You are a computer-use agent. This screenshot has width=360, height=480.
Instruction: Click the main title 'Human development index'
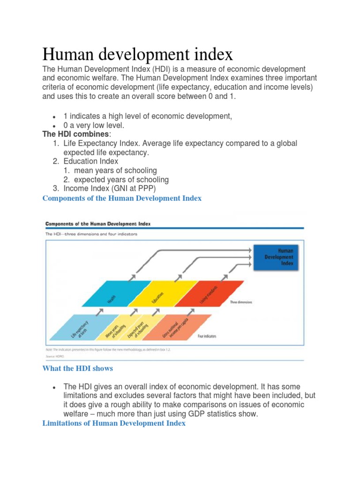coord(137,54)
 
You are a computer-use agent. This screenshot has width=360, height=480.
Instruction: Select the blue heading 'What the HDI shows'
coord(77,368)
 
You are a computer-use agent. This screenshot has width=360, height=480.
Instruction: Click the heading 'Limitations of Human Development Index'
coord(114,423)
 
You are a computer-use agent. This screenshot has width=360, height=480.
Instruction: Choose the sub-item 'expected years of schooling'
coord(121,180)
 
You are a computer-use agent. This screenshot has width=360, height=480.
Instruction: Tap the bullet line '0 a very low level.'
coord(94,126)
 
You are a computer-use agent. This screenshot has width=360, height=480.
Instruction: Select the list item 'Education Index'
coord(91,161)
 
